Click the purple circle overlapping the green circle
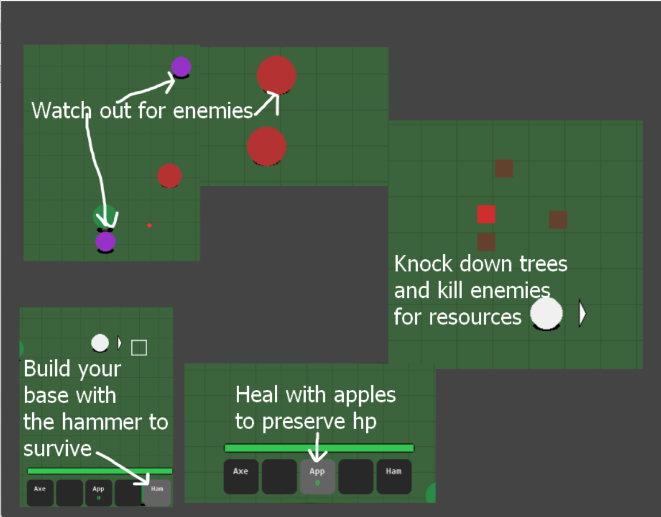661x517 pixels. [106, 242]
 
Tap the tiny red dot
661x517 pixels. [149, 225]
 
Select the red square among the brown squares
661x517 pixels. [486, 215]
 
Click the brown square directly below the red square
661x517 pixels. [486, 242]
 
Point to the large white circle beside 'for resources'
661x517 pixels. [546, 313]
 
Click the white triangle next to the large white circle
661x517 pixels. [582, 314]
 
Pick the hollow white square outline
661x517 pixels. [139, 348]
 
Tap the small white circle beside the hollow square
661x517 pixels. [100, 343]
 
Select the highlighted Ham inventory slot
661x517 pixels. [157, 493]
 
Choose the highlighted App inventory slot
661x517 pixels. [317, 477]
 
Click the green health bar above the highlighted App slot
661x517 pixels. [319, 448]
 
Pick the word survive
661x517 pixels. [57, 449]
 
